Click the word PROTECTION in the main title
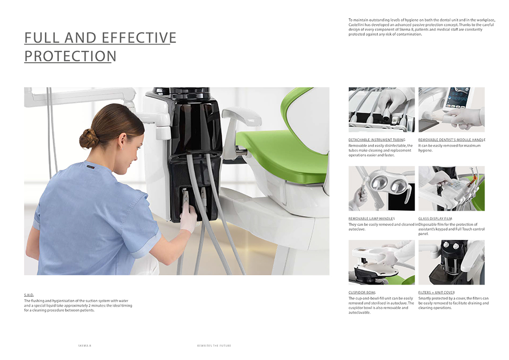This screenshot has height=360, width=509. pos(70,56)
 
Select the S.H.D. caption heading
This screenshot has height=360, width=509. pos(29,295)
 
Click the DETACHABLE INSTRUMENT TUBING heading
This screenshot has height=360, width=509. pos(377,140)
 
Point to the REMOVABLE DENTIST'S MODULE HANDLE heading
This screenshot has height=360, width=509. pos(452,140)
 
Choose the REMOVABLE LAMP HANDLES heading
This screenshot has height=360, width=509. pos(371,218)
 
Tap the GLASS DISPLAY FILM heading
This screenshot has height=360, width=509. pos(435,218)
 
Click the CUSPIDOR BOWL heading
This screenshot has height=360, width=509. pos(362,292)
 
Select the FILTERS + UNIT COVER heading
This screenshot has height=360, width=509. pos(437,292)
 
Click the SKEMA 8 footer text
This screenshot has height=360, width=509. pos(85,346)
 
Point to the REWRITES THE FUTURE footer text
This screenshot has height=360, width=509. pos(214,346)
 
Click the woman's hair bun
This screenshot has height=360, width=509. pos(88,139)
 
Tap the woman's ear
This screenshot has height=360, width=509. pos(122,141)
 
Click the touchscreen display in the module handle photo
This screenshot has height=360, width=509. pos(458,97)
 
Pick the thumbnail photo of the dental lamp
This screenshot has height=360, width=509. pos(382,189)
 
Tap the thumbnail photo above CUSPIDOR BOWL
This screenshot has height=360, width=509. pos(382,263)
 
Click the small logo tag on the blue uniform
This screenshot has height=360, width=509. pos(90,167)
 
